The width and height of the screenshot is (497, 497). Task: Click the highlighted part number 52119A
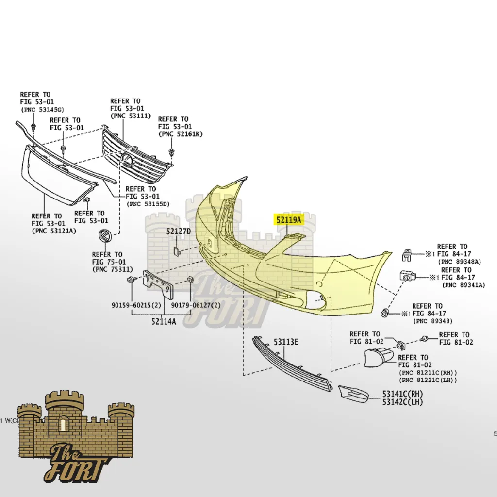(289, 220)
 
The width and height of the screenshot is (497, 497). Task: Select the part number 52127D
(179, 232)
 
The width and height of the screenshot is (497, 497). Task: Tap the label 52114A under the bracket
(164, 321)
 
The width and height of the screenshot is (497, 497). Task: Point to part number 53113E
(286, 343)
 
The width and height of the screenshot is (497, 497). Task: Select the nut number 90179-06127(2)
(196, 305)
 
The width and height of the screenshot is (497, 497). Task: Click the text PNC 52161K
(180, 134)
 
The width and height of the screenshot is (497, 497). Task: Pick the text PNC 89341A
(463, 285)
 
